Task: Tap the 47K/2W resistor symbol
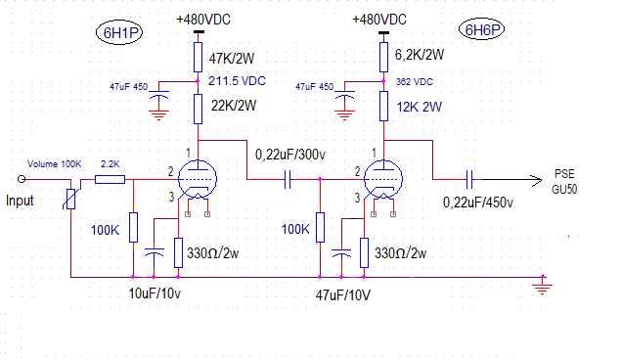tap(198, 58)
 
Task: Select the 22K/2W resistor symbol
tap(198, 109)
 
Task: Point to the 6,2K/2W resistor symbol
tap(383, 58)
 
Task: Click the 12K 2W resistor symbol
tap(383, 106)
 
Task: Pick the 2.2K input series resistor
tap(111, 180)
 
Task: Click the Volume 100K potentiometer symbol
tap(70, 199)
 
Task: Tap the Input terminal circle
tap(22, 179)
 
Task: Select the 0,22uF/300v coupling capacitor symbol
tap(288, 179)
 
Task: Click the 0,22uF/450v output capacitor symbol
tap(469, 179)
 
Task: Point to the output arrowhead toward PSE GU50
tap(537, 180)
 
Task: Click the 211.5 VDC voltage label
tap(238, 81)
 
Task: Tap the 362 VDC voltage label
tap(415, 82)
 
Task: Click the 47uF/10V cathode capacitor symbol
tap(341, 252)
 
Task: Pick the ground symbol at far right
tap(542, 286)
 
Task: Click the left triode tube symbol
tap(198, 179)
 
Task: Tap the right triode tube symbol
tap(383, 179)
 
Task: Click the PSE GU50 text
tap(564, 182)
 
